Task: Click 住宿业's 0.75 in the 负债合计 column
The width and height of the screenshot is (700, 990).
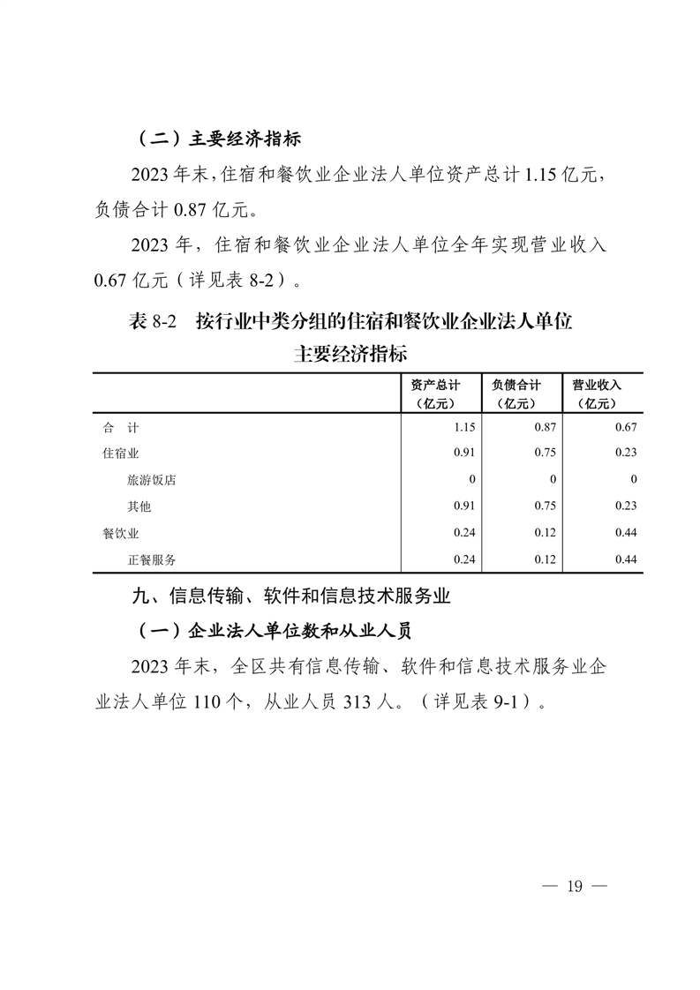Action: tap(545, 454)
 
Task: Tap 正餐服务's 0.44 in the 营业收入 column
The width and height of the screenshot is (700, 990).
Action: tap(625, 559)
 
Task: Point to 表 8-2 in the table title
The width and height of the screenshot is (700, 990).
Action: tap(154, 322)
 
